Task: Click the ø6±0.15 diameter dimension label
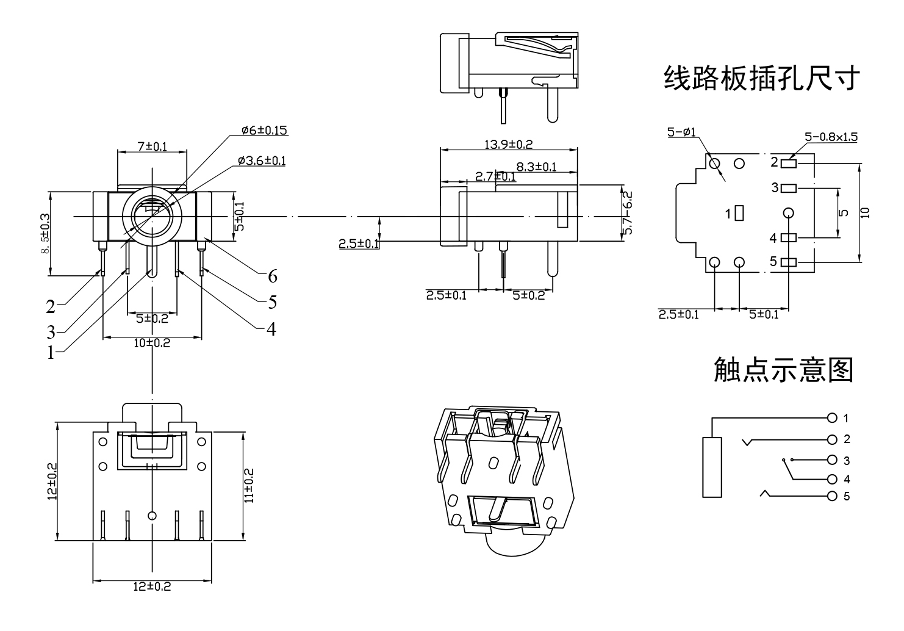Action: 264,130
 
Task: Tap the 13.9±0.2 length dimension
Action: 509,145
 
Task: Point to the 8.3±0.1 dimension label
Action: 536,167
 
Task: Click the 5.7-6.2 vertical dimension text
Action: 628,213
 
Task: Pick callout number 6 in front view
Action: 273,277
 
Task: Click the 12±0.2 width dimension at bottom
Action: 152,586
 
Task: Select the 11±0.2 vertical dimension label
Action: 249,486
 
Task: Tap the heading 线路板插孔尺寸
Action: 762,79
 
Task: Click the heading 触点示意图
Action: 783,370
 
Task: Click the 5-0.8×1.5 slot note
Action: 830,137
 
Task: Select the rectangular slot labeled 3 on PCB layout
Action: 789,188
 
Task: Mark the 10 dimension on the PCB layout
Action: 866,212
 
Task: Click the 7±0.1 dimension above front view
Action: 152,146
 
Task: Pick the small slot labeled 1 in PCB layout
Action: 740,213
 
